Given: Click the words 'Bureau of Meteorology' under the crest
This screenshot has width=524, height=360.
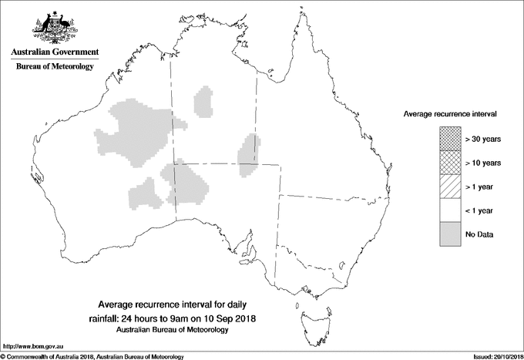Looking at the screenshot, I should (54, 67).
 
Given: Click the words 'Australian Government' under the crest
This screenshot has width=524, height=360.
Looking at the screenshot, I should (54, 52).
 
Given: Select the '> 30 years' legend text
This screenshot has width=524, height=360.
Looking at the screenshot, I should (483, 139).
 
